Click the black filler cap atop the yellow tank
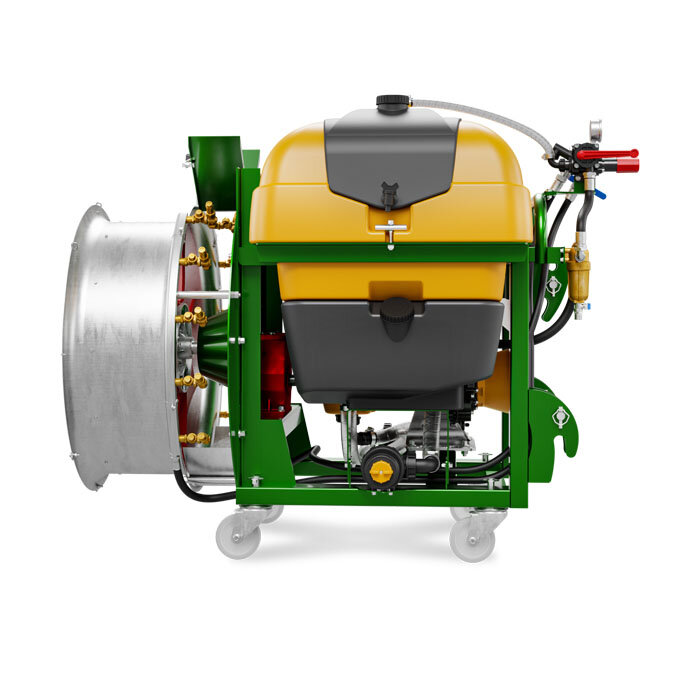pyautogui.click(x=393, y=103)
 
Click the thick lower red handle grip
pyautogui.click(x=626, y=166)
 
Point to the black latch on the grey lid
pyautogui.click(x=389, y=194)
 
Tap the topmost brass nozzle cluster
pyautogui.click(x=207, y=216)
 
